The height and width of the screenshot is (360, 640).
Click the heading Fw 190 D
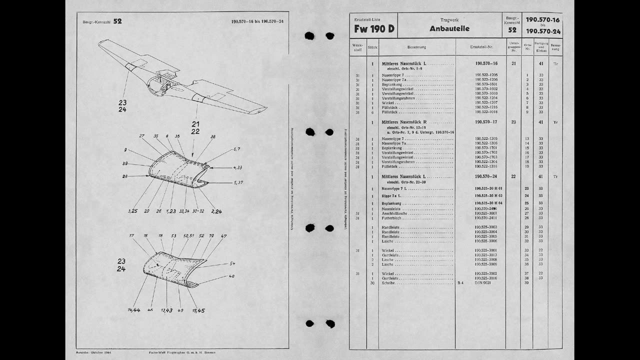tap(374, 29)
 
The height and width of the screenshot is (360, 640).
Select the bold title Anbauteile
tap(449, 29)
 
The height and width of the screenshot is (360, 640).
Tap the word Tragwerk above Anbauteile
tap(449, 19)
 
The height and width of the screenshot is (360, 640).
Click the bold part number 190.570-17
tap(486, 122)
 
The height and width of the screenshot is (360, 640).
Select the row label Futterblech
tap(392, 218)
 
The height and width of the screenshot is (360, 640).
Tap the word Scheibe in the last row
tap(388, 283)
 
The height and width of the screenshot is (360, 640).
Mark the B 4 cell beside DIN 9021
tap(460, 283)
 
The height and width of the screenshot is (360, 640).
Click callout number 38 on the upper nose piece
tap(213, 136)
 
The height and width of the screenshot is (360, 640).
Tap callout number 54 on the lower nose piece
tap(232, 263)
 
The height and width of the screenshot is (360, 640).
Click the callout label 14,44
tap(133, 310)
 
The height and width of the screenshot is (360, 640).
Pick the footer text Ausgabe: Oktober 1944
tap(93, 353)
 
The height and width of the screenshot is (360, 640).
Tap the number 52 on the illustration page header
tap(117, 21)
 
